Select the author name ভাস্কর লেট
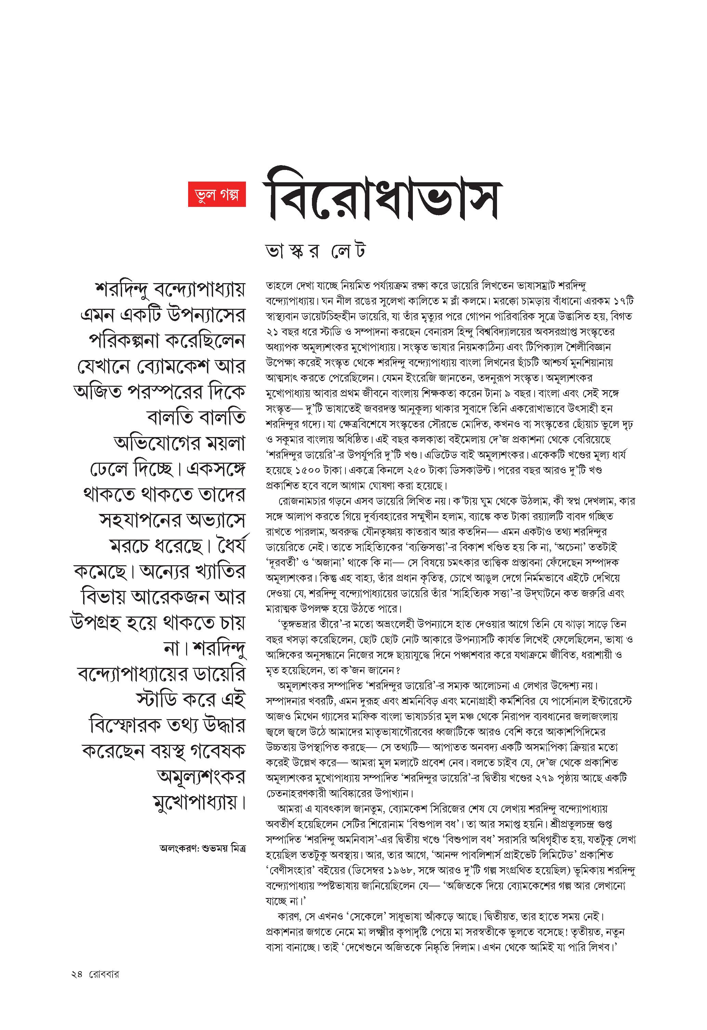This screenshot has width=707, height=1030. click(x=315, y=252)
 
